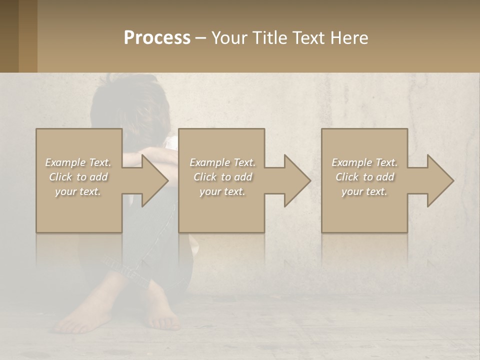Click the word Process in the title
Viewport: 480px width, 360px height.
coord(157,38)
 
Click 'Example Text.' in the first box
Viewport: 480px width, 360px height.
coord(78,162)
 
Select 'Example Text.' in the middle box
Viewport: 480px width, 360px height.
coord(222,162)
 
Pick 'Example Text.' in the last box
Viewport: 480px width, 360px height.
coord(364,162)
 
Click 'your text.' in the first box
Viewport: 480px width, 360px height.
coord(78,191)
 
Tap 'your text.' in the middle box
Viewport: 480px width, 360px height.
coord(222,191)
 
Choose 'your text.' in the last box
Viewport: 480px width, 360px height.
coord(364,191)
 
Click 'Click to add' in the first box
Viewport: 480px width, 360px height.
coord(78,177)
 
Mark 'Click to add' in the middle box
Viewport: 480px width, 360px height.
coord(222,177)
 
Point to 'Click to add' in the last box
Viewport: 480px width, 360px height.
coord(364,177)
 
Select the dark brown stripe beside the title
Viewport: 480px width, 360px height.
coord(9,36)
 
